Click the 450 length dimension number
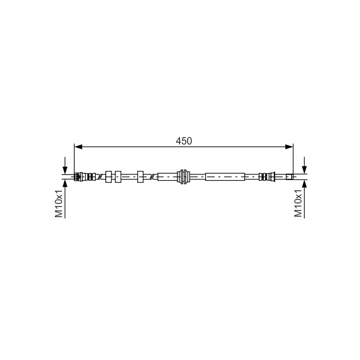tap(184, 141)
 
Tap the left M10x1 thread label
tap(59, 203)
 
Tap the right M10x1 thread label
tap(298, 203)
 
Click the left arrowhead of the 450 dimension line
tap(78, 147)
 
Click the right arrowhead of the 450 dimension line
tap(289, 147)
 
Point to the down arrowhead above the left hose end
tap(65, 170)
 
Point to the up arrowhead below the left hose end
tap(65, 184)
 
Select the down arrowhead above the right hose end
tap(305, 170)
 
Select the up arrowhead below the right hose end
tap(305, 184)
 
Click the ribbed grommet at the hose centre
tap(184, 176)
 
